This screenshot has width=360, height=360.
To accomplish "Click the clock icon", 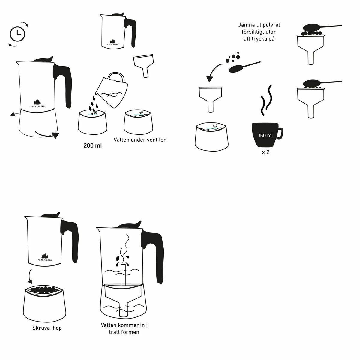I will pyautogui.click(x=18, y=34).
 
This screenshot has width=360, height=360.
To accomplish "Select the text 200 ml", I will pyautogui.click(x=93, y=146).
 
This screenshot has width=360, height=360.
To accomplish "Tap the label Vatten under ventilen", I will pyautogui.click(x=140, y=140).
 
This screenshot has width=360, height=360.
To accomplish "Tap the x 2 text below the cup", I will pyautogui.click(x=265, y=152).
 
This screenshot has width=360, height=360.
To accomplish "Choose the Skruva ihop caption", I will pyautogui.click(x=47, y=328).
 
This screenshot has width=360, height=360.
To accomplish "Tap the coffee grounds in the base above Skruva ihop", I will pyautogui.click(x=44, y=289).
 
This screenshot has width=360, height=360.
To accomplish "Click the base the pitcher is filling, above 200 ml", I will pyautogui.click(x=93, y=123).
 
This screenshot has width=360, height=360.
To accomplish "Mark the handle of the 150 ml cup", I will pyautogui.click(x=279, y=133).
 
